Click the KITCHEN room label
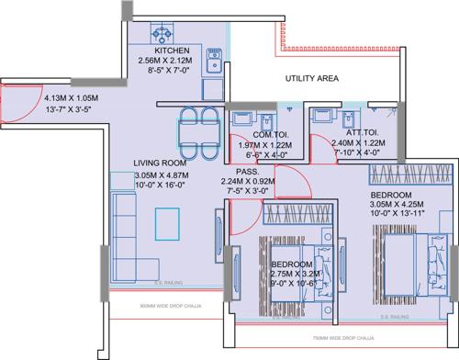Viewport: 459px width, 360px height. [x=172, y=51]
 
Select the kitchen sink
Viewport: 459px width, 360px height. [x=212, y=61]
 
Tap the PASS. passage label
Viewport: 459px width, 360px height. [x=247, y=171]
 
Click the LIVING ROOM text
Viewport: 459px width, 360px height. [x=162, y=162]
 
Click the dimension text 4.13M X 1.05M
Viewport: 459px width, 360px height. [x=72, y=93]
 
